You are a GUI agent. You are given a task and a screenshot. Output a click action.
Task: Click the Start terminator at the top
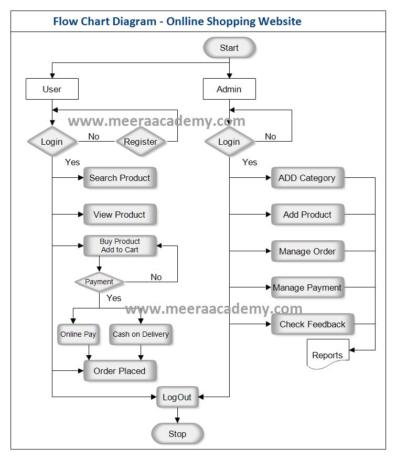pyautogui.click(x=229, y=48)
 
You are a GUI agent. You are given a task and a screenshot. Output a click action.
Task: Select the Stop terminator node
pyautogui.click(x=177, y=434)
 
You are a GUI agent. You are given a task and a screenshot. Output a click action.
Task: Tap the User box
pyautogui.click(x=52, y=89)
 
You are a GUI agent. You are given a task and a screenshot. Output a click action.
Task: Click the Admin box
pyautogui.click(x=229, y=89)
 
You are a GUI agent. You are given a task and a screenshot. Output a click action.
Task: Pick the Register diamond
pyautogui.click(x=140, y=142)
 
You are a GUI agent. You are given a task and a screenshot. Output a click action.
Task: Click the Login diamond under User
pyautogui.click(x=52, y=142)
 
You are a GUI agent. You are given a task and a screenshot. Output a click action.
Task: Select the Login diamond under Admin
pyautogui.click(x=229, y=142)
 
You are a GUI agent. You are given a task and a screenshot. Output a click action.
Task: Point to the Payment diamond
pyautogui.click(x=99, y=282)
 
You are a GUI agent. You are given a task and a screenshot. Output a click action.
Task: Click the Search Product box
pyautogui.click(x=120, y=178)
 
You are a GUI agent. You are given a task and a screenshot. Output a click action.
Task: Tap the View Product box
pyautogui.click(x=120, y=215)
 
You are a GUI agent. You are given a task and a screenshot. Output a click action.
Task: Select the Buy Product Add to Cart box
pyautogui.click(x=120, y=245)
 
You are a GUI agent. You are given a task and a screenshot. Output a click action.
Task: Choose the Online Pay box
pyautogui.click(x=78, y=334)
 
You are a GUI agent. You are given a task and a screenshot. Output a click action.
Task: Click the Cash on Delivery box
pyautogui.click(x=141, y=334)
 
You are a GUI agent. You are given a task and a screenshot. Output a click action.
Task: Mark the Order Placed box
pyautogui.click(x=120, y=371)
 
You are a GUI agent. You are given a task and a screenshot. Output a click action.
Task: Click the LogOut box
pyautogui.click(x=177, y=397)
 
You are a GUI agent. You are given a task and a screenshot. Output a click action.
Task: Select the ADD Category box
pyautogui.click(x=307, y=178)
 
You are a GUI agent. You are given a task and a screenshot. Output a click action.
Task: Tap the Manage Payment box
pyautogui.click(x=307, y=287)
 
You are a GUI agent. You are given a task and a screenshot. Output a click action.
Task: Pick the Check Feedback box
pyautogui.click(x=313, y=324)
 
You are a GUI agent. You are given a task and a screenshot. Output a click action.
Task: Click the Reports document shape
pyautogui.click(x=327, y=355)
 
